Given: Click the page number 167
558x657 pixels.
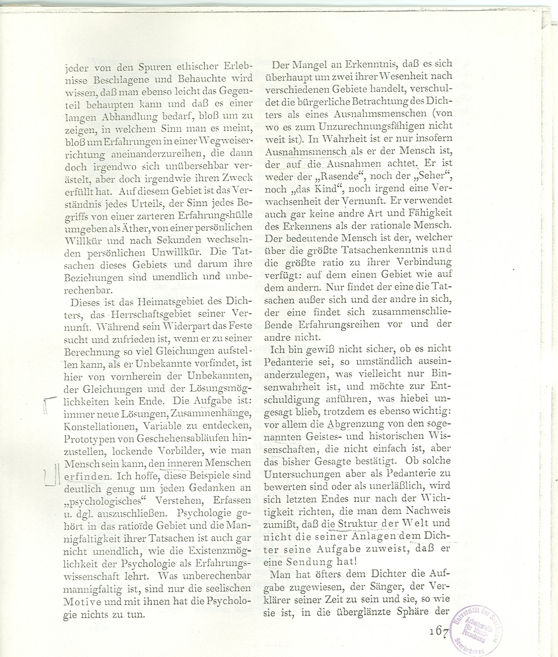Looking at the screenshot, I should [x=438, y=632].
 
